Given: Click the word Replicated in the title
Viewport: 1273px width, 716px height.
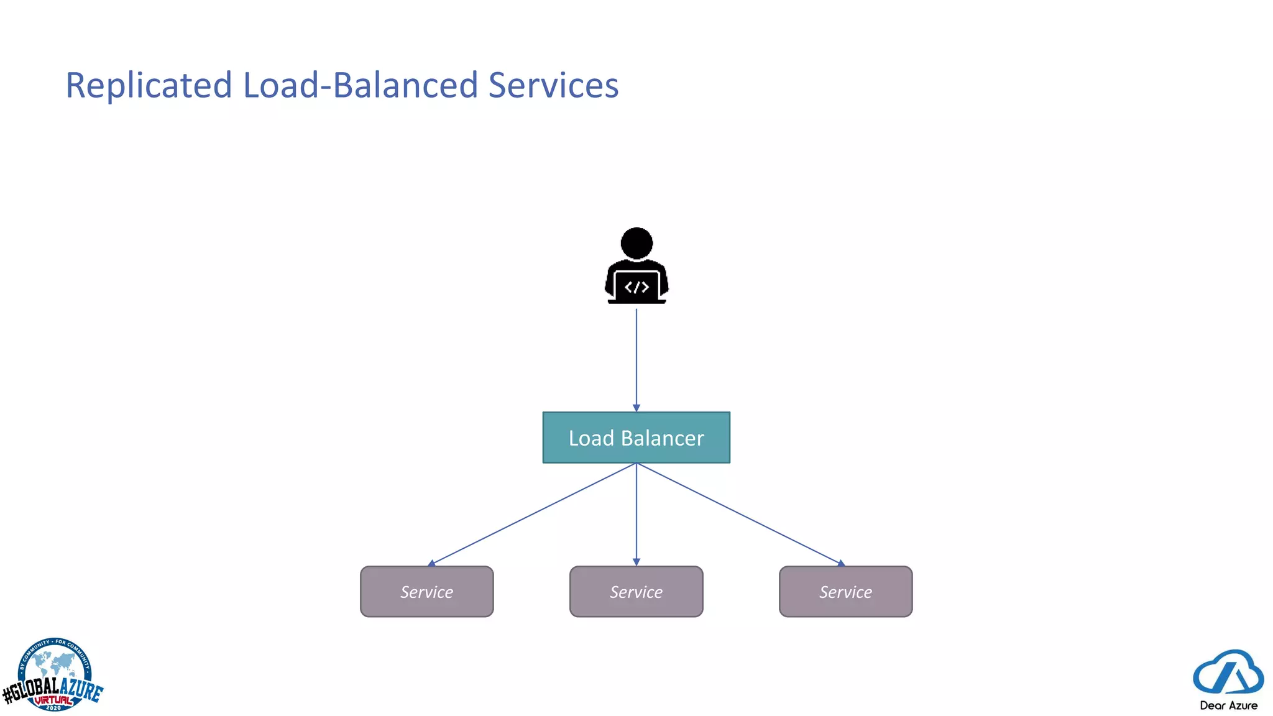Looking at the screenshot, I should point(149,85).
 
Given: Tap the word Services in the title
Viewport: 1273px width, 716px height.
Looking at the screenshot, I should point(553,85).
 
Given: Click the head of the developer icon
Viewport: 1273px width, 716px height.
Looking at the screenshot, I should point(636,243).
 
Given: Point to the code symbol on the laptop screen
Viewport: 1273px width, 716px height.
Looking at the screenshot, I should point(636,287).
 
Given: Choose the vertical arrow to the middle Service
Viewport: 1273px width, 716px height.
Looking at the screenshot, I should point(636,514).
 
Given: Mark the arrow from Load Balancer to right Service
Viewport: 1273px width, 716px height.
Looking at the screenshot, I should point(740,514).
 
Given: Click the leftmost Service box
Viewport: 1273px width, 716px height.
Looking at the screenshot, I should point(427,592).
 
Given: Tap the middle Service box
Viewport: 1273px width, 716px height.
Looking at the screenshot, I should point(636,592).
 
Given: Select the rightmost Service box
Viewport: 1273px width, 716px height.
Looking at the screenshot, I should point(846,592).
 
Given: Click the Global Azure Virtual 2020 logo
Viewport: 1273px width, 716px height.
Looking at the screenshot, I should point(53,676).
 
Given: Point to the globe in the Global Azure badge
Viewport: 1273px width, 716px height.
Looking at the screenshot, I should point(55,665).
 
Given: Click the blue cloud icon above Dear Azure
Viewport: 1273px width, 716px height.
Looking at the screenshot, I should point(1228,672).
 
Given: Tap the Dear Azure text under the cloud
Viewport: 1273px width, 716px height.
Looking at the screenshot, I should point(1228,705).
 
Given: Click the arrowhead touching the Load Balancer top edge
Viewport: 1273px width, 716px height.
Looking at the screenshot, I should point(636,408).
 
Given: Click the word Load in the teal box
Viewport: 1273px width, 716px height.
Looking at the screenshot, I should point(591,438).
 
